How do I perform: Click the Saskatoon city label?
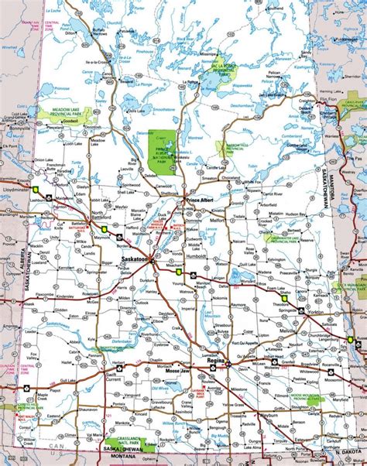tap(136, 260)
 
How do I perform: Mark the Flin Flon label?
tap(328, 100)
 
